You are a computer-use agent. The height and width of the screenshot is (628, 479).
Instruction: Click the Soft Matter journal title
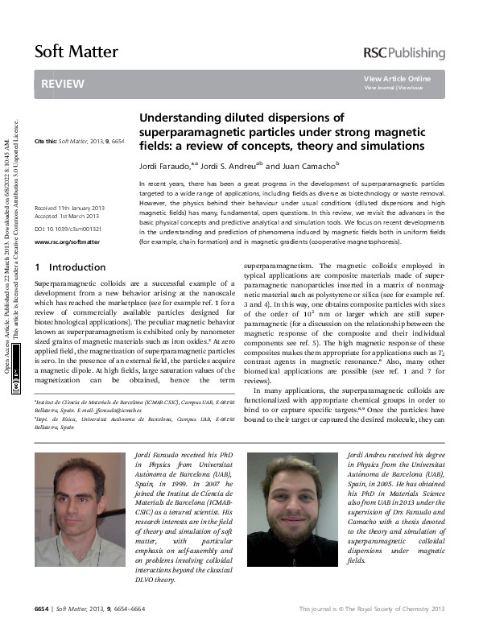coord(76,52)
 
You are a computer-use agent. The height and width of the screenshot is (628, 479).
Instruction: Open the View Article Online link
coord(397,78)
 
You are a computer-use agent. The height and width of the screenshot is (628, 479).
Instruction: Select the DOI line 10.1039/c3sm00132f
coord(68,229)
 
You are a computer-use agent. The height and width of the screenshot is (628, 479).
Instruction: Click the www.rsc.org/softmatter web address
coord(67,241)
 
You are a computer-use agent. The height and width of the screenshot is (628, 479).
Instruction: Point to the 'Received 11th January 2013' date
coord(69,208)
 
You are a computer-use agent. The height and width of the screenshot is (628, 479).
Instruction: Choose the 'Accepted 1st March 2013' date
coord(68,217)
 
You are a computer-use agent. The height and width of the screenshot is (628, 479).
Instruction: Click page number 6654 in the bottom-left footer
coord(42,608)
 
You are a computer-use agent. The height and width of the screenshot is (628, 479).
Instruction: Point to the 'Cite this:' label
coord(46,142)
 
